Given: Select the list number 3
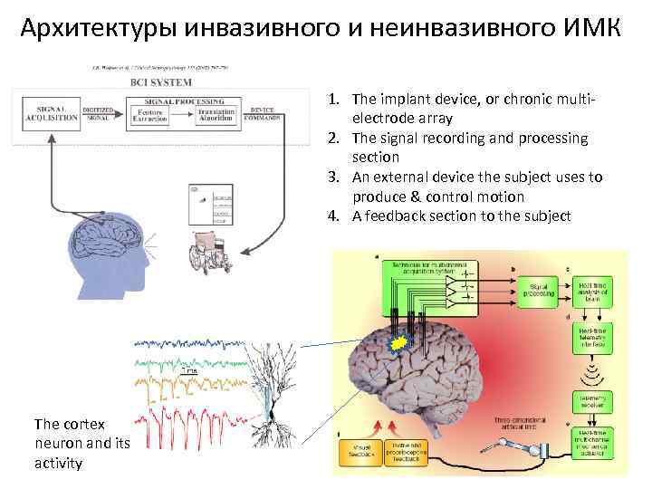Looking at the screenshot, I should [334, 177].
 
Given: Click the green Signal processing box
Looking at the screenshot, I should [538, 290].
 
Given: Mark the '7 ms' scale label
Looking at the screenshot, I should [189, 371].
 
